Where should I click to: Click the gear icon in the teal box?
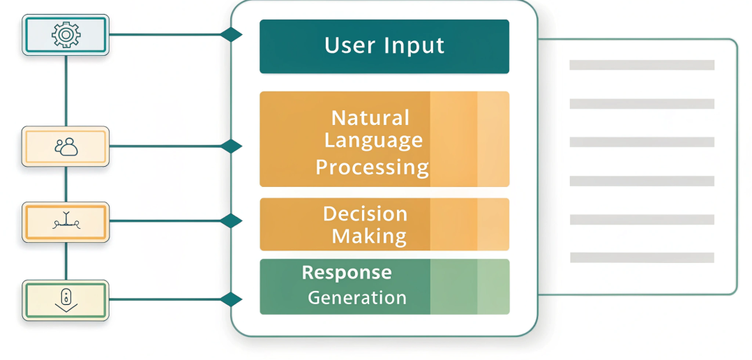pyautogui.click(x=66, y=34)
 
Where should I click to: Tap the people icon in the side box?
pyautogui.click(x=66, y=147)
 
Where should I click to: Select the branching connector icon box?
pyautogui.click(x=66, y=222)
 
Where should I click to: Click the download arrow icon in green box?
pyautogui.click(x=66, y=300)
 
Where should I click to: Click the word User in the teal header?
pyautogui.click(x=350, y=46)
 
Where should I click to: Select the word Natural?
pyautogui.click(x=370, y=117)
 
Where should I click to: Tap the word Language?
pyautogui.click(x=373, y=140)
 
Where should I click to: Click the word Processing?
pyautogui.click(x=372, y=167)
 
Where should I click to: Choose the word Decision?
pyautogui.click(x=365, y=213)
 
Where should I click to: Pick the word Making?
pyautogui.click(x=369, y=236)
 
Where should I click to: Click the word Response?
pyautogui.click(x=347, y=272)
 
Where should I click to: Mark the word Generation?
pyautogui.click(x=357, y=297)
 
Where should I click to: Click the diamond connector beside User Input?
pyautogui.click(x=231, y=34)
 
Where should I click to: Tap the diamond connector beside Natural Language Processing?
pyautogui.click(x=231, y=147)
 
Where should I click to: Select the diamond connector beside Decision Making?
pyautogui.click(x=231, y=221)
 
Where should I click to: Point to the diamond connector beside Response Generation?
pyautogui.click(x=231, y=300)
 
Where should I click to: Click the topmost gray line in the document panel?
pyautogui.click(x=642, y=65)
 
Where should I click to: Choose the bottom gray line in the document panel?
pyautogui.click(x=642, y=257)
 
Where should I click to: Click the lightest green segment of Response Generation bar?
pyautogui.click(x=493, y=287)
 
